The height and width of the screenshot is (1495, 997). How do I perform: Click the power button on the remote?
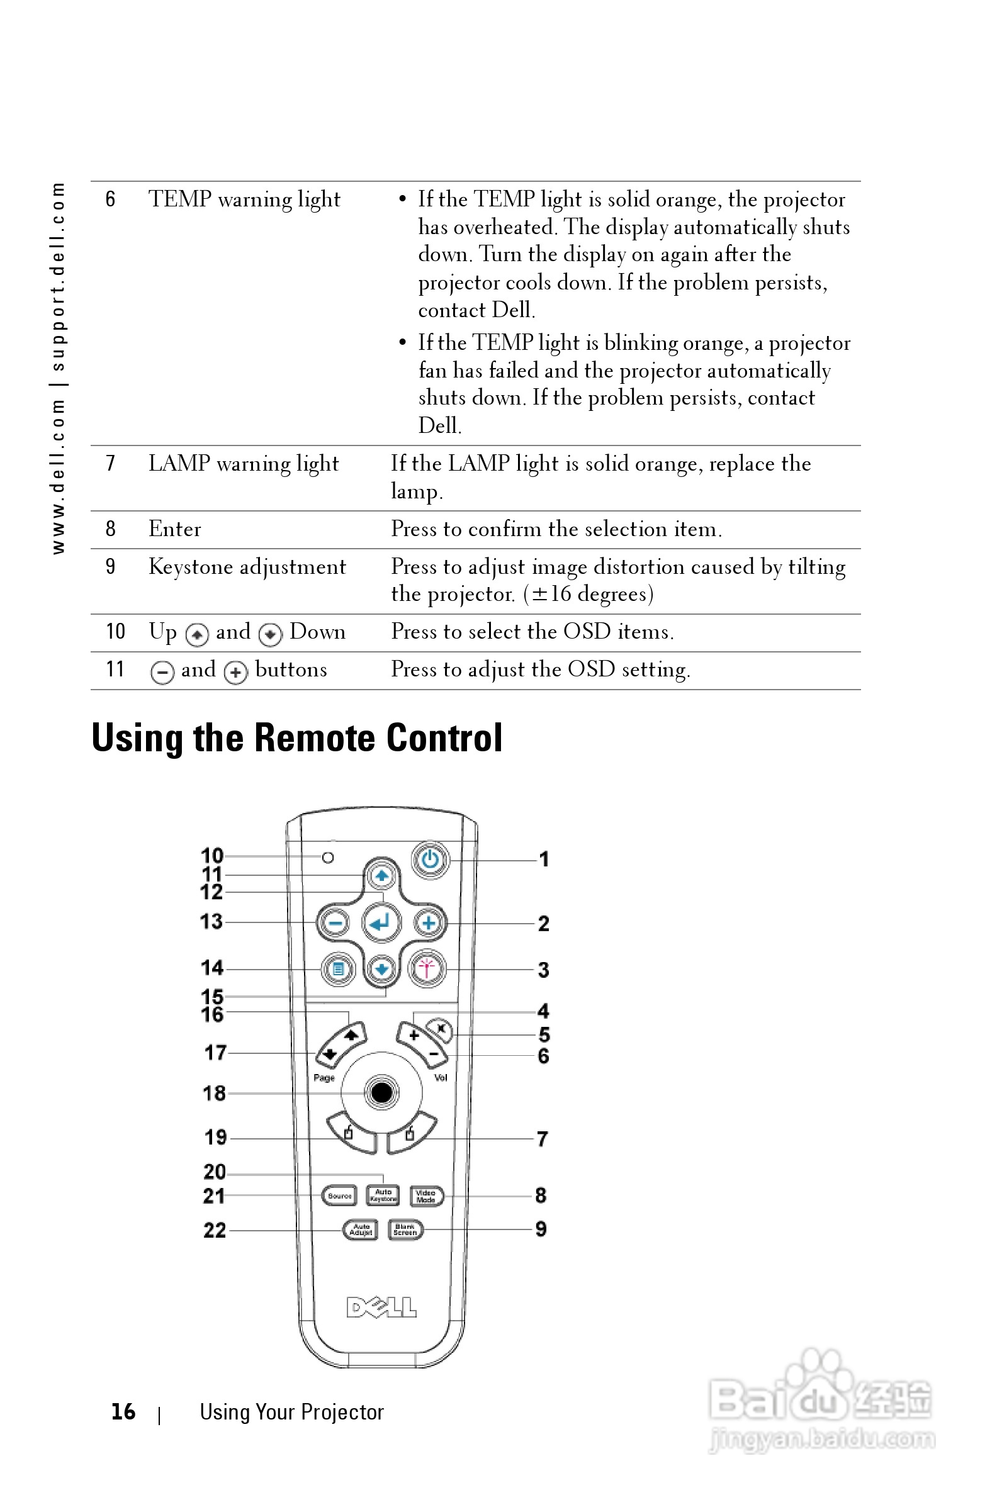tap(430, 860)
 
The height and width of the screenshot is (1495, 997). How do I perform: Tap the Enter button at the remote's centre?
tap(381, 922)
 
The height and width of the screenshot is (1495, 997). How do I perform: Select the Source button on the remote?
tap(339, 1195)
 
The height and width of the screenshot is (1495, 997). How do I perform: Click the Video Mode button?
tap(425, 1195)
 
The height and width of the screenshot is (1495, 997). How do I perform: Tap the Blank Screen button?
tap(405, 1229)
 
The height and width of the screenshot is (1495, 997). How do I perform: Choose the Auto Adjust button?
tap(361, 1230)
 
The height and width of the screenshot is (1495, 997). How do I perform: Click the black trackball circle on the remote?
tap(381, 1093)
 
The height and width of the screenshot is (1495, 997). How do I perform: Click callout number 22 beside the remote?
tap(214, 1230)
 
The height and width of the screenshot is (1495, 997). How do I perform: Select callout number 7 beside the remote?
tap(542, 1138)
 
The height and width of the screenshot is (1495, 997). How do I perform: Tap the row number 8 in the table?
tap(111, 529)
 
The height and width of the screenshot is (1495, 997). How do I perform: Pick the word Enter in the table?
tap(175, 529)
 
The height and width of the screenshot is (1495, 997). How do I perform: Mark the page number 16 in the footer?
tap(123, 1411)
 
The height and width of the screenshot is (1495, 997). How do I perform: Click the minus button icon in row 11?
tap(162, 671)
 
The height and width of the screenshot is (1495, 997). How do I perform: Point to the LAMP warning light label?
tap(244, 463)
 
